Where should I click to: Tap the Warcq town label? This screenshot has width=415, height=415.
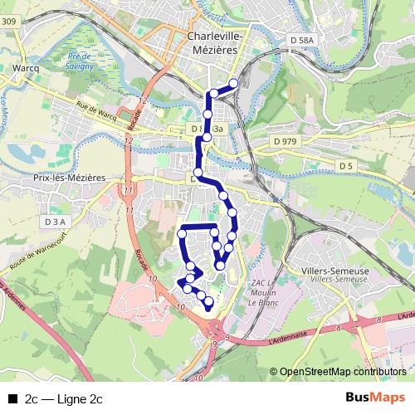pyautogui.click(x=28, y=66)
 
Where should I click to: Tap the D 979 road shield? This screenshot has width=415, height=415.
pyautogui.click(x=285, y=142)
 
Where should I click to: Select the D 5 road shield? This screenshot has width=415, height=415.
pyautogui.click(x=345, y=167)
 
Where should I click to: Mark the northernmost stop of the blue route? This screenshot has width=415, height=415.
pyautogui.click(x=234, y=82)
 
